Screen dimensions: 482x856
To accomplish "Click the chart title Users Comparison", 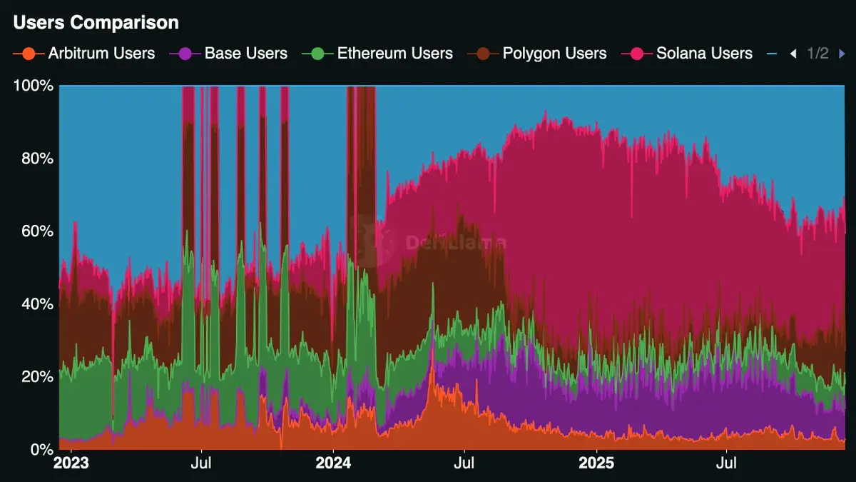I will (x=96, y=23).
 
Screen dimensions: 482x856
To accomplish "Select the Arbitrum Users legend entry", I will (x=101, y=54).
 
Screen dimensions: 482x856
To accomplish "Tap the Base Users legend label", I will (x=245, y=54).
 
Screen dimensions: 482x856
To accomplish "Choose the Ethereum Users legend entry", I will (x=394, y=54).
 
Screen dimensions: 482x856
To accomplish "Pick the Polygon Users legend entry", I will (x=554, y=54).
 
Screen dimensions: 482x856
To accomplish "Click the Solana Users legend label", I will (x=704, y=54).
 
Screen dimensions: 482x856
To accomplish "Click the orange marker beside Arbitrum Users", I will (x=29, y=54).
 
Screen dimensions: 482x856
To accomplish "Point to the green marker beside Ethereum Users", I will (x=317, y=54).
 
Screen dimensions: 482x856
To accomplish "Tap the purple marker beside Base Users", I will (x=185, y=54).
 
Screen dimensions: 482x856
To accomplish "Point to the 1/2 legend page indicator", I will (x=817, y=54).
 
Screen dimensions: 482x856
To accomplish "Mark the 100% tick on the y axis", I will (x=34, y=86).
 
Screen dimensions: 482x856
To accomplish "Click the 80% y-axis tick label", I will (x=36, y=159).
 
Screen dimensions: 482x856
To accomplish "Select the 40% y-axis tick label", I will (x=36, y=304).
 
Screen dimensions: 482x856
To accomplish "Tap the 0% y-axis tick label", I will (x=40, y=450).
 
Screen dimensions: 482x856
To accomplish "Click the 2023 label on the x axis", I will (x=71, y=463).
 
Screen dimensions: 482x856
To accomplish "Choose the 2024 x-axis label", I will (x=333, y=463).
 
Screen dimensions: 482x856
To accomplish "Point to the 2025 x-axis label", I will (x=596, y=463).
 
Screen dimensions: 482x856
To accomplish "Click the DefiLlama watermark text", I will (x=456, y=243).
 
